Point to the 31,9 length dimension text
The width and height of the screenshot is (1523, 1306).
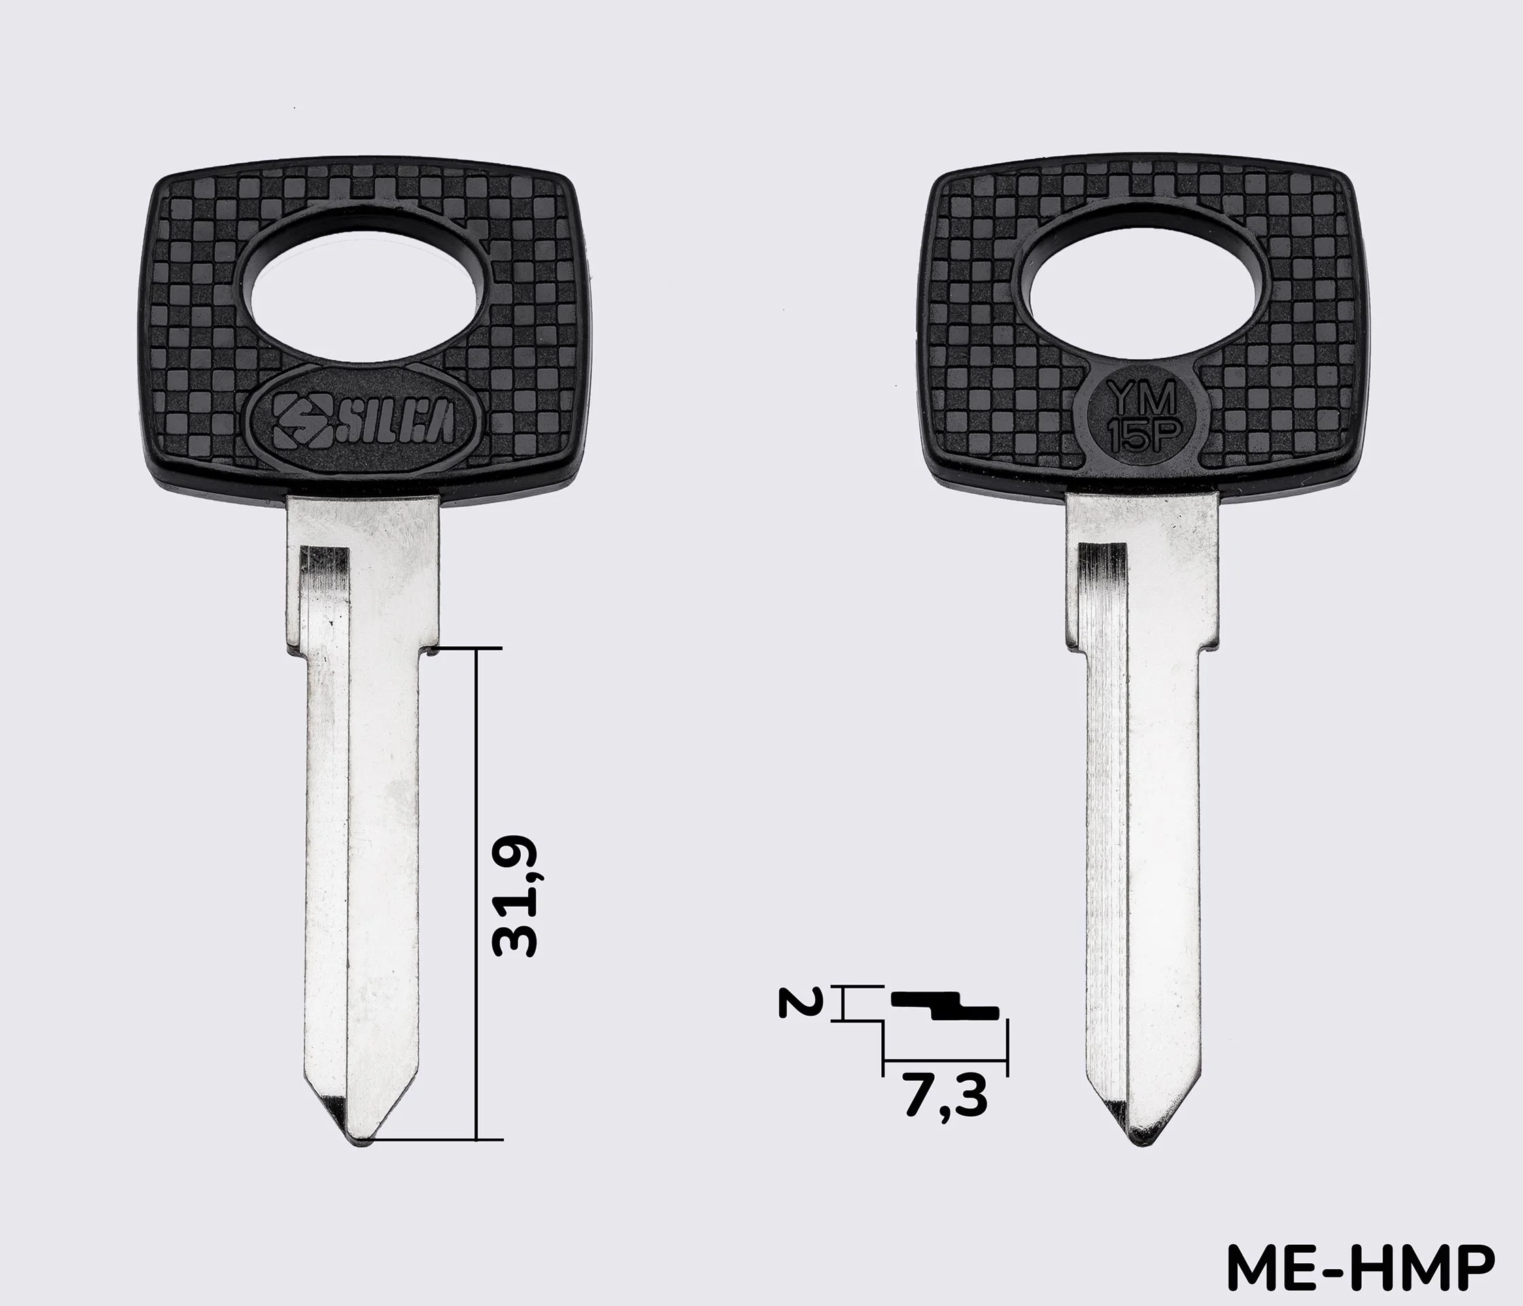516,897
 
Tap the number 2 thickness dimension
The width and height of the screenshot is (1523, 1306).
796,1001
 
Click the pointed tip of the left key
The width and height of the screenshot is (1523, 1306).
362,1145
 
